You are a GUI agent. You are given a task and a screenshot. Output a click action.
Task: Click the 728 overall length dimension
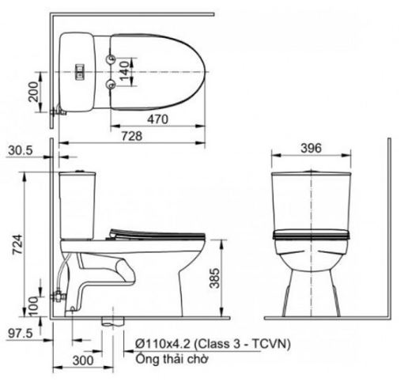click(x=132, y=136)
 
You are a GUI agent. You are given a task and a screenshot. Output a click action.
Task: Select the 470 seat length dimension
click(x=157, y=119)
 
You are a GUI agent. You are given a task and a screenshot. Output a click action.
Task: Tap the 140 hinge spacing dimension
click(x=124, y=71)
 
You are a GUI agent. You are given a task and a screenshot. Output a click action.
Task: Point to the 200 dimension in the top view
click(x=33, y=92)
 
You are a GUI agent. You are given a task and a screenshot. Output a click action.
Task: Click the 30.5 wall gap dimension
click(x=21, y=150)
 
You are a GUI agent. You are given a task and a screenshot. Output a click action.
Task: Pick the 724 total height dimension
click(x=18, y=244)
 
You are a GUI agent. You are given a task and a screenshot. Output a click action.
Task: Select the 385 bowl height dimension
click(x=214, y=278)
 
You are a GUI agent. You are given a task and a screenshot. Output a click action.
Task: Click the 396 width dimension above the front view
click(x=312, y=148)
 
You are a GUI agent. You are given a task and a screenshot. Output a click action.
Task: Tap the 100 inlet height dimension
click(x=33, y=306)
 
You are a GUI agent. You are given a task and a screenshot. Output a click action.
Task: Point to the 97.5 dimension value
click(x=21, y=334)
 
